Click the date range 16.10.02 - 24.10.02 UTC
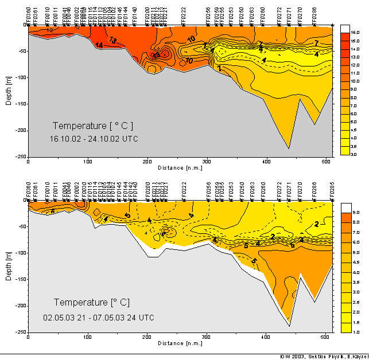(x=94, y=139)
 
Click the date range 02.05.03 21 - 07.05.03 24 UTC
(x=99, y=317)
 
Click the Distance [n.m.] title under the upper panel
(x=180, y=168)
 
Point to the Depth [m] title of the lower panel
(x=9, y=265)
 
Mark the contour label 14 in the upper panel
(x=99, y=45)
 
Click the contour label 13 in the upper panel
(x=113, y=41)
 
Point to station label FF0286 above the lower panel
(x=314, y=190)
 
